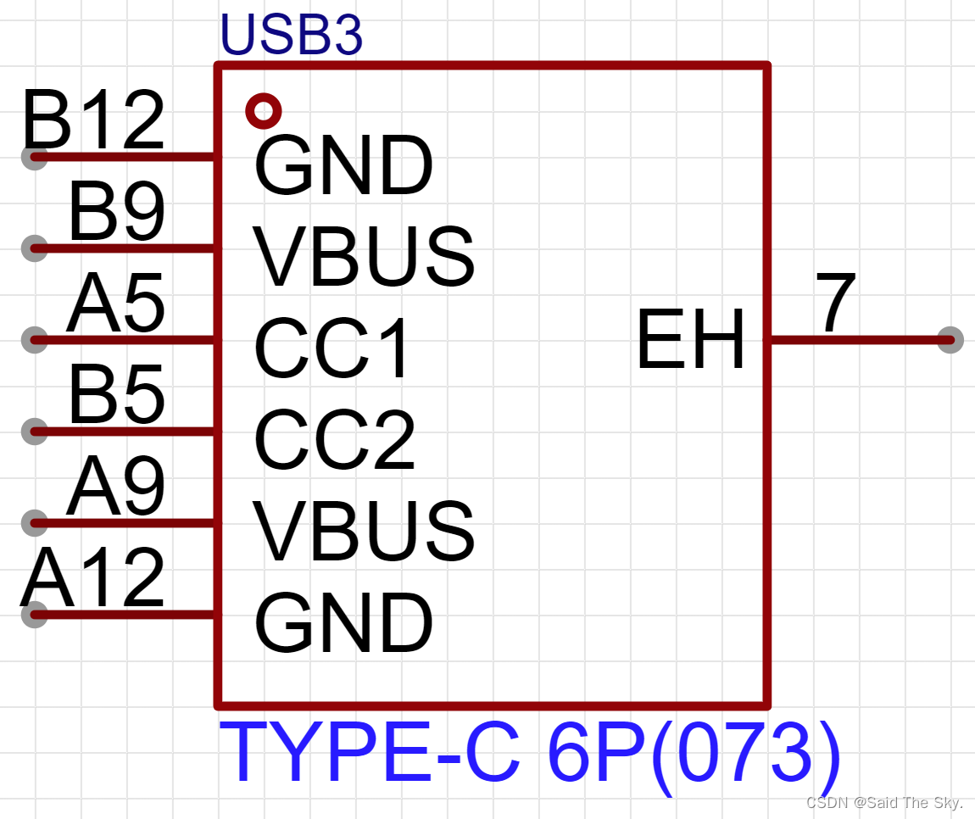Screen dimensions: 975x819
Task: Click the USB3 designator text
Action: [x=291, y=36]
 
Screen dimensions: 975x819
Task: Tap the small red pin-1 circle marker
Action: [x=263, y=110]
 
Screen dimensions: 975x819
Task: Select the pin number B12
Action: [x=93, y=121]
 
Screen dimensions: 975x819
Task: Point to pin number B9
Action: [x=116, y=214]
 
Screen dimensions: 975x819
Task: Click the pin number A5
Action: [x=116, y=305]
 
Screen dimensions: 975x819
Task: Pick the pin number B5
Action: [x=116, y=396]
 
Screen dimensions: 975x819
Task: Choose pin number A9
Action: [x=116, y=487]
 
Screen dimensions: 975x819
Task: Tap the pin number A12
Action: [x=93, y=579]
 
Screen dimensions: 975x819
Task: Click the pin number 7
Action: [x=836, y=304]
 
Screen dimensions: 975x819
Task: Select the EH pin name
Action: [x=691, y=340]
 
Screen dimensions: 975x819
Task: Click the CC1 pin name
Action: [x=332, y=348]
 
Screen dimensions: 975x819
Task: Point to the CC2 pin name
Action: [x=335, y=440]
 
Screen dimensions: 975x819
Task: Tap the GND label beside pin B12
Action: [x=343, y=166]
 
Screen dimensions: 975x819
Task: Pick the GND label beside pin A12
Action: [x=343, y=623]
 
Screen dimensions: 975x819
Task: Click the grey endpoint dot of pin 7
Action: [x=950, y=340]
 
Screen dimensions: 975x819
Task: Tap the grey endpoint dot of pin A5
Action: [x=34, y=340]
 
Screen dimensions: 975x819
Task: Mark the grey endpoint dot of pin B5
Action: [x=34, y=432]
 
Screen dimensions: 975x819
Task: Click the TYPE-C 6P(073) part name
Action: [x=530, y=754]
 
